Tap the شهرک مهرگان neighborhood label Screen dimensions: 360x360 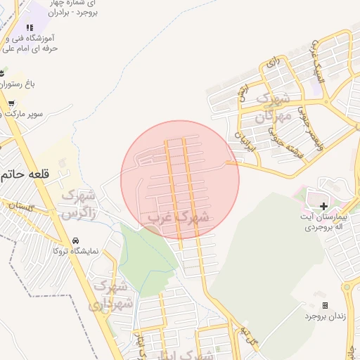[x=269, y=107]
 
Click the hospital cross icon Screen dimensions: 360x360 [x=323, y=206]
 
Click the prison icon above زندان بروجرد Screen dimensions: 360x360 [x=325, y=305]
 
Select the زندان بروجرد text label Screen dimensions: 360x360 [x=326, y=316]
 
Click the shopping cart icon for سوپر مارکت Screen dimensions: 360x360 [x=11, y=103]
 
